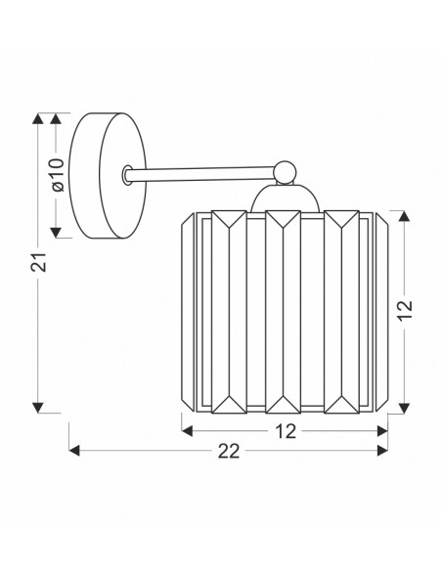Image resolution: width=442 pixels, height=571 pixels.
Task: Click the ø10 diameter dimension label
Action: pyautogui.click(x=58, y=175)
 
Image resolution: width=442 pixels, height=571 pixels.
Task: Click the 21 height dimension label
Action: pyautogui.click(x=38, y=262)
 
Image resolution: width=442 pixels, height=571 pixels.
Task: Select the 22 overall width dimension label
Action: pyautogui.click(x=229, y=451)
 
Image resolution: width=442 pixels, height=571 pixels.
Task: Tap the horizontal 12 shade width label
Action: pyautogui.click(x=286, y=431)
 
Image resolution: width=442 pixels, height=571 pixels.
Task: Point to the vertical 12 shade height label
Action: pyautogui.click(x=405, y=310)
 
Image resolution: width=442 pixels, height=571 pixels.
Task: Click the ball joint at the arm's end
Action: pyautogui.click(x=286, y=172)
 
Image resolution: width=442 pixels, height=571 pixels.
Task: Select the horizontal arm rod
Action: pyautogui.click(x=202, y=174)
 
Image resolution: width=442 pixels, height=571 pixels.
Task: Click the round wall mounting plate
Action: pyautogui.click(x=108, y=176)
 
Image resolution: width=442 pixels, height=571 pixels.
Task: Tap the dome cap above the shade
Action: pyautogui.click(x=286, y=198)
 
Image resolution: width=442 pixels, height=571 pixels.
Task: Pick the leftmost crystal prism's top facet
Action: pyautogui.click(x=229, y=219)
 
